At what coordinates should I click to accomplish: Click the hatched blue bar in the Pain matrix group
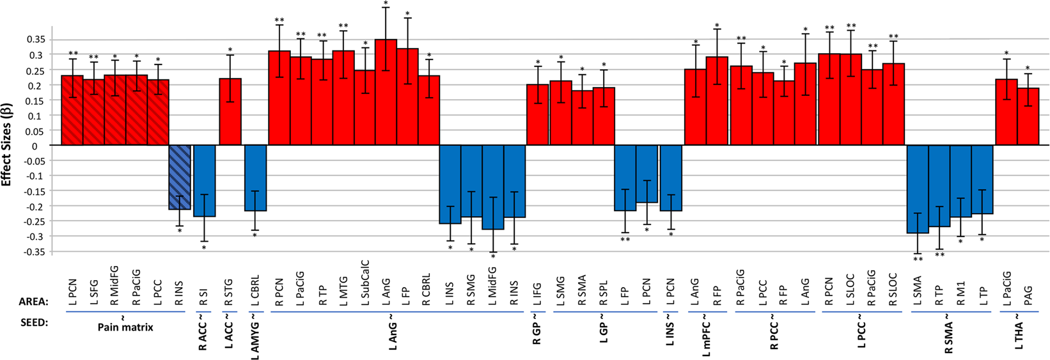click(180, 177)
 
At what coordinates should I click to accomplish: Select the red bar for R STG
click(230, 112)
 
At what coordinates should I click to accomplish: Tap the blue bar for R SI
click(205, 181)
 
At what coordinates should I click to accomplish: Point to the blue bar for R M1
click(960, 181)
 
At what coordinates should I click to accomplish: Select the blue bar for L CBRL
click(256, 178)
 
